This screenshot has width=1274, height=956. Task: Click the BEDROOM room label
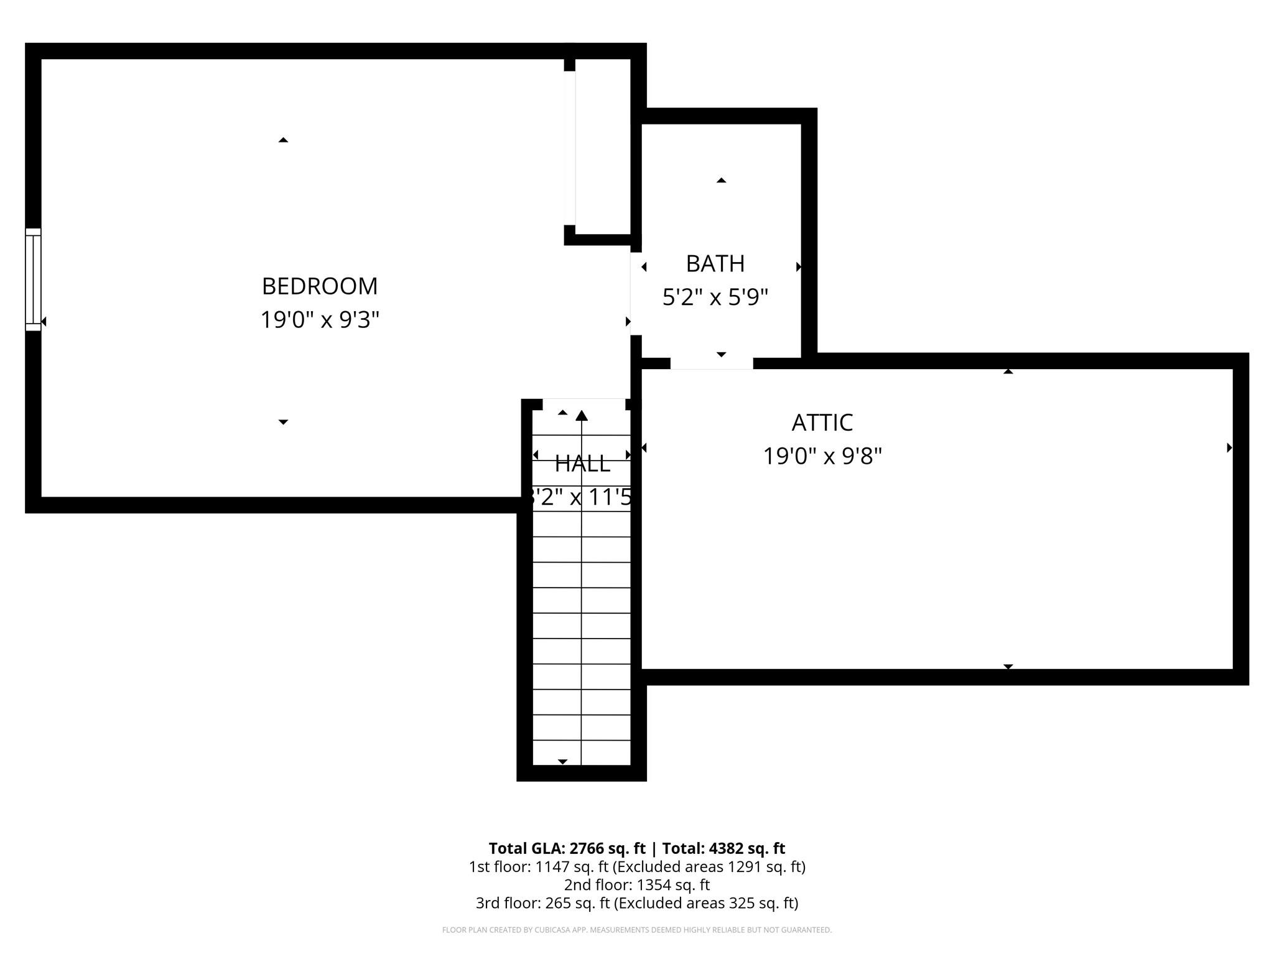[319, 286]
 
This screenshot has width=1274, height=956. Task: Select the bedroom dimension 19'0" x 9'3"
[319, 320]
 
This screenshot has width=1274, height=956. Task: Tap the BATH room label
[715, 264]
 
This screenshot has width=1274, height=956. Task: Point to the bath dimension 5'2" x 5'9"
[715, 298]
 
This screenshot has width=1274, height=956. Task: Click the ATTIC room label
[822, 423]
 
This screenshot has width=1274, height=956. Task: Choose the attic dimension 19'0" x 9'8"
[822, 456]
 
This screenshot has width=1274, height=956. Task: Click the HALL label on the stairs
[582, 464]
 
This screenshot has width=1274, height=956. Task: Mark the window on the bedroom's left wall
[33, 279]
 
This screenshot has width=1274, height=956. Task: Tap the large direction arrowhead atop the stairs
[582, 415]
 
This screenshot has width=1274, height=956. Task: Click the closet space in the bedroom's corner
[602, 146]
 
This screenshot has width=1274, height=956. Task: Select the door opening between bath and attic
[711, 363]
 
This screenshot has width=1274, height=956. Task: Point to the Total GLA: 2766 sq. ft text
[567, 848]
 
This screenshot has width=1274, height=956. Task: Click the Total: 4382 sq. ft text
[723, 848]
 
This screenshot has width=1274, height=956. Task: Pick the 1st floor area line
[636, 866]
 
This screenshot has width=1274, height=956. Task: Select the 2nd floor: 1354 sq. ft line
[636, 884]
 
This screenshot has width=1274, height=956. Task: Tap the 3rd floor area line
[636, 902]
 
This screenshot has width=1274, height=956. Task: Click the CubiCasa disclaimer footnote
[636, 930]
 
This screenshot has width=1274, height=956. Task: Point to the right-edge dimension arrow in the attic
[1229, 448]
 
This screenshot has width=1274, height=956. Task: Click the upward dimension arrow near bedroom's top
[283, 140]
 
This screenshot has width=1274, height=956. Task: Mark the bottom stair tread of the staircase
[582, 752]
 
